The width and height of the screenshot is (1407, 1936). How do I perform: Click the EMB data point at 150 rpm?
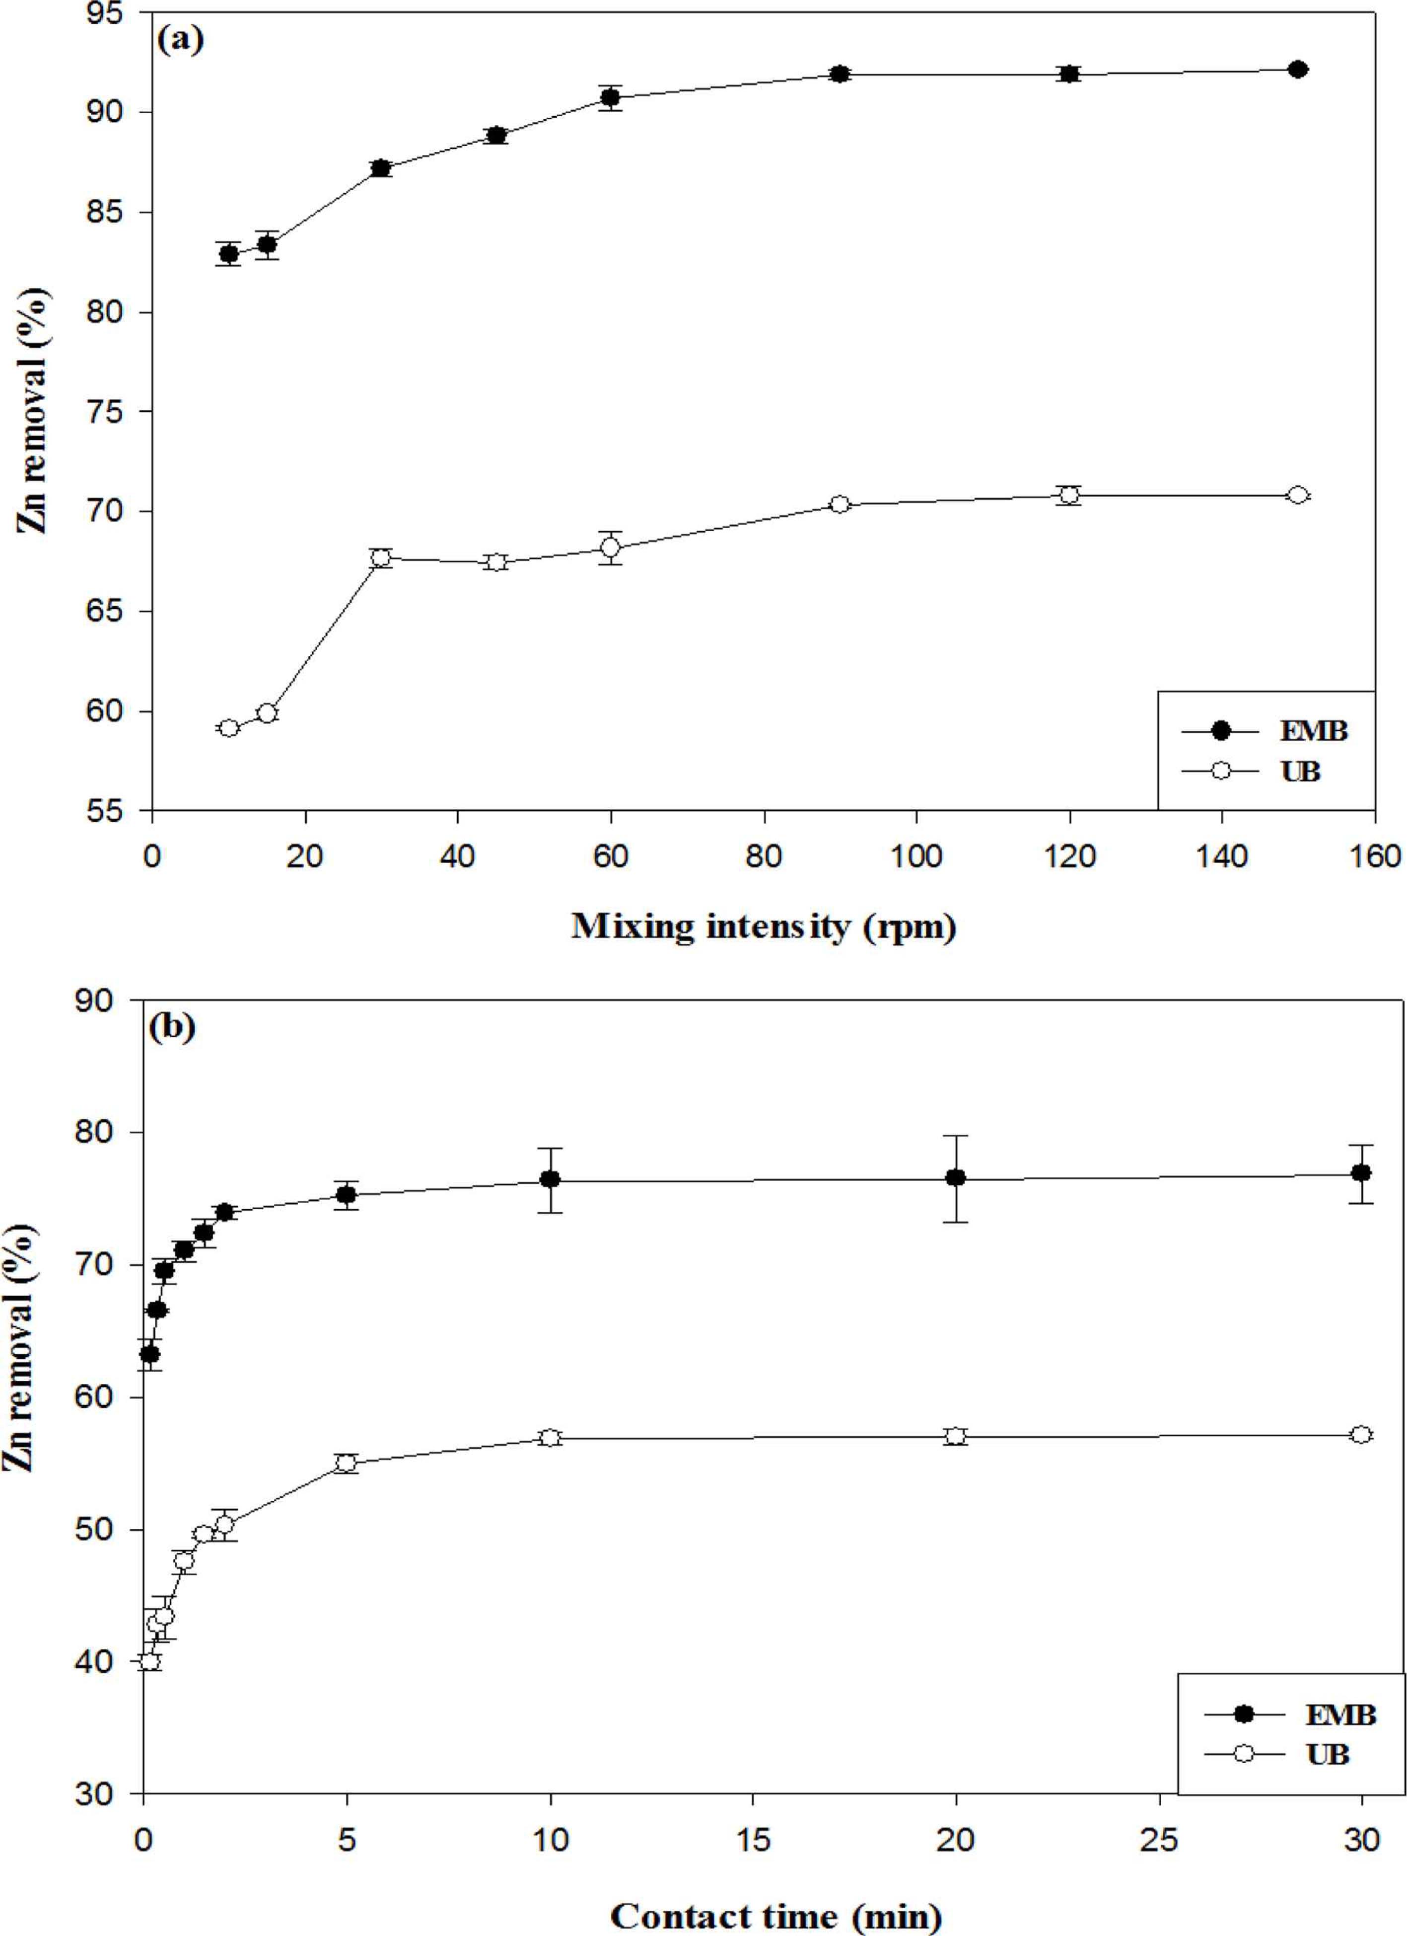tap(1298, 69)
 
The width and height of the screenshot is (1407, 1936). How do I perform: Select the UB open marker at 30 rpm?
tap(381, 557)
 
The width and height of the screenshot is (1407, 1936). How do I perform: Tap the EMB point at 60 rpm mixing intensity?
tap(610, 97)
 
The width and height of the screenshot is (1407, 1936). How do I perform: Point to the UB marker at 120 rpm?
tap(1069, 495)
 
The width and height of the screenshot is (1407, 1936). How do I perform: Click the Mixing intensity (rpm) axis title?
tap(763, 926)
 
